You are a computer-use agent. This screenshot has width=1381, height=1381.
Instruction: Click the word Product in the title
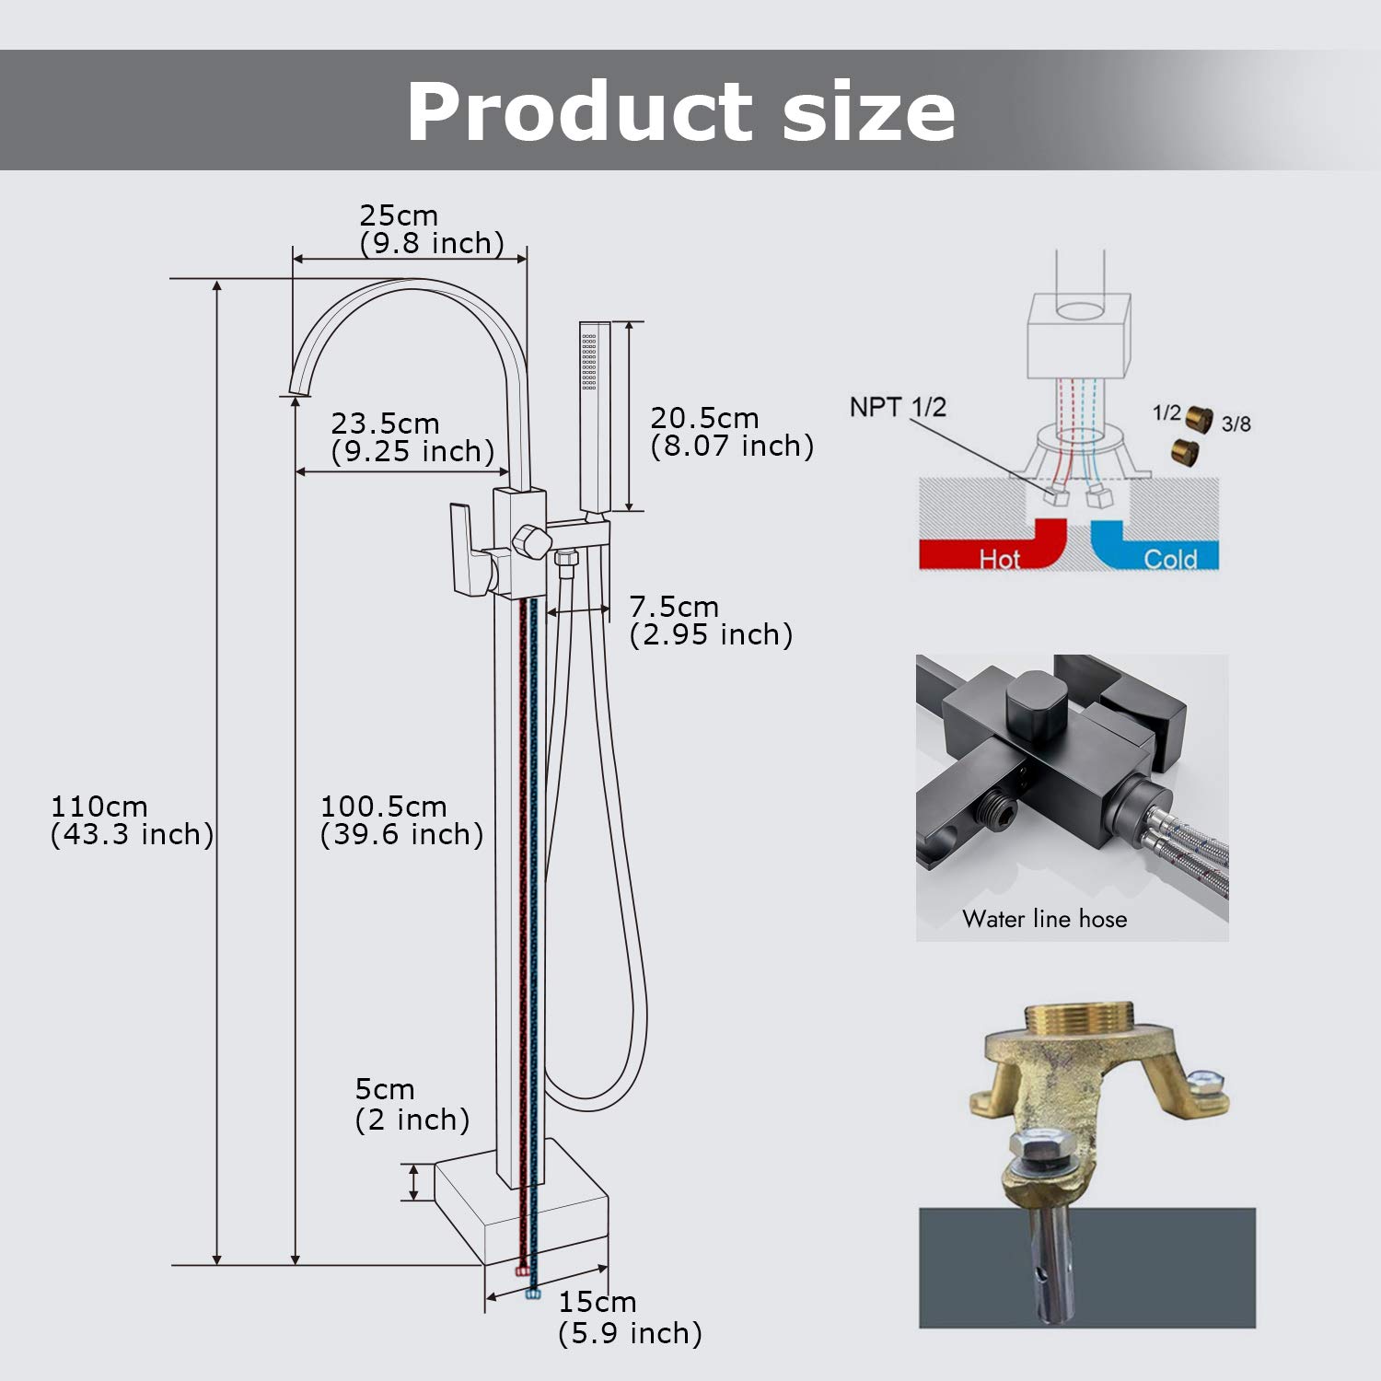pos(580,111)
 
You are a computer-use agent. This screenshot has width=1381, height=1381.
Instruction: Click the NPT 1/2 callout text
pos(897,407)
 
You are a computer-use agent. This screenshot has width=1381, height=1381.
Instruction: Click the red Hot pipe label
pos(999,558)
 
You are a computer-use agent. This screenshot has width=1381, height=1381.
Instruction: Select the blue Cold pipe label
pos(1169,558)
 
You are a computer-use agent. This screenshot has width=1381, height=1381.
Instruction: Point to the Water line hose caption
pos(1044,919)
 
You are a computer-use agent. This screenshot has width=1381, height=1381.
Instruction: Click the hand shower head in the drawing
pos(594,414)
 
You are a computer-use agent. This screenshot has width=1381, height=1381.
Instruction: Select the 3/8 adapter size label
pos(1236,424)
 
